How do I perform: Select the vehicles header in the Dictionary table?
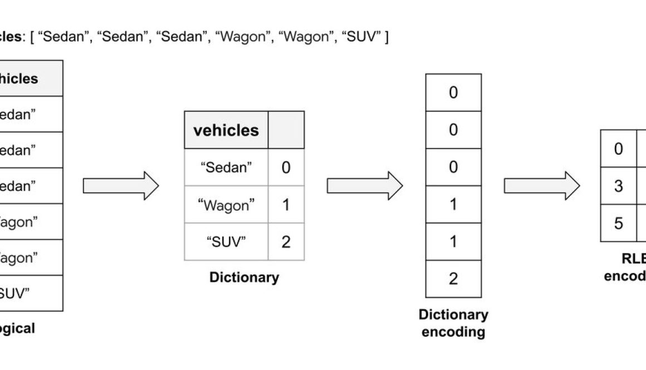[x=226, y=130]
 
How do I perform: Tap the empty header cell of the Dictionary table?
[x=286, y=130]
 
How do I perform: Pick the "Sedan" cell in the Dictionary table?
[x=226, y=167]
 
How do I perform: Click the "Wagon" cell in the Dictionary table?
[x=226, y=205]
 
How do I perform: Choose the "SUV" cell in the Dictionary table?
[x=226, y=241]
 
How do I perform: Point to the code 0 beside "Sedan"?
[x=286, y=167]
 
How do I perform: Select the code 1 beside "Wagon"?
[x=286, y=205]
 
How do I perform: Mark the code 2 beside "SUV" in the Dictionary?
[x=286, y=241]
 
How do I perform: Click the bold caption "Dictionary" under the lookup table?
[x=244, y=277]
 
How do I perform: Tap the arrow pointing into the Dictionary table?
[x=121, y=186]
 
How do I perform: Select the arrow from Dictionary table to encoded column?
[x=365, y=186]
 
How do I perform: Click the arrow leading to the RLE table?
[x=542, y=186]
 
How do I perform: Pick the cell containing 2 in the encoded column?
[x=453, y=278]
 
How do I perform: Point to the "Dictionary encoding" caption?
[x=453, y=323]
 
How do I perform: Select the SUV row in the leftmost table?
[x=28, y=293]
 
